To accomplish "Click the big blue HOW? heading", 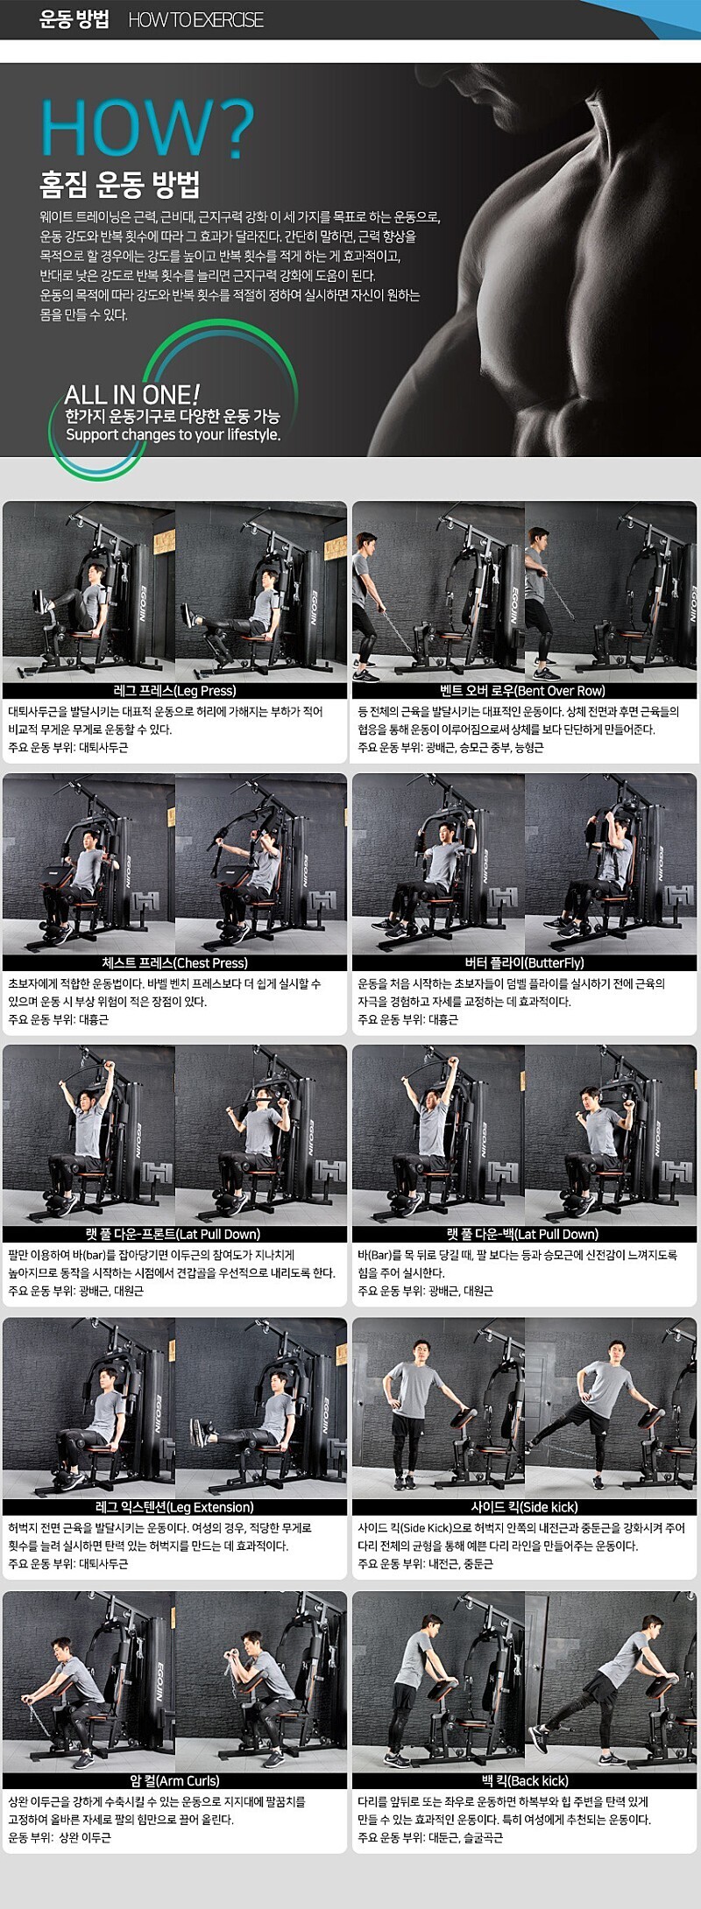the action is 147,128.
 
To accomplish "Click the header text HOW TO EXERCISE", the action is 195,20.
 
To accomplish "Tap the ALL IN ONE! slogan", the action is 132,394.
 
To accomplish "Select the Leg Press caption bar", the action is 175,691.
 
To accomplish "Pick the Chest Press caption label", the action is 175,963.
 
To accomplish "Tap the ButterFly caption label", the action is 524,963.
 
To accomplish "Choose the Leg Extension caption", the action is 175,1507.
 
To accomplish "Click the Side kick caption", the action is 524,1507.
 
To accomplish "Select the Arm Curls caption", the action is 175,1780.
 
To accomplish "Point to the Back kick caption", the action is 524,1780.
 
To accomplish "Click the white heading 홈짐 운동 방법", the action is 120,185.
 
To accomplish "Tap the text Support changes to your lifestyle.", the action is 173,434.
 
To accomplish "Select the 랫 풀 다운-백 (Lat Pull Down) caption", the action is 523,1235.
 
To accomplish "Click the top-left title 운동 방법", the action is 74,20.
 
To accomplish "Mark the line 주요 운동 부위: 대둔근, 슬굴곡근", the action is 430,1837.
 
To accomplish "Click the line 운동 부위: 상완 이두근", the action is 60,1837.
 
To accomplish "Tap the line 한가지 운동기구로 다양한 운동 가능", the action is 173,416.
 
